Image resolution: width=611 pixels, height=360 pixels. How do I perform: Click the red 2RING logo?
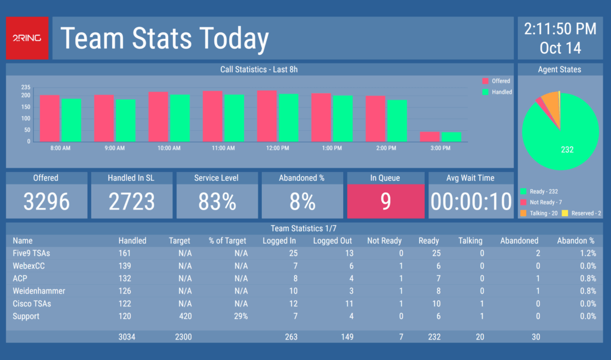(27, 38)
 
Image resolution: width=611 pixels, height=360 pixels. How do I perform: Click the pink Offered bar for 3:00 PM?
(430, 137)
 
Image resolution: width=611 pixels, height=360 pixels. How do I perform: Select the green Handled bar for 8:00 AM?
(71, 120)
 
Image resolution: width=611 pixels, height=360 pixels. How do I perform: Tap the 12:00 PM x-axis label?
(277, 147)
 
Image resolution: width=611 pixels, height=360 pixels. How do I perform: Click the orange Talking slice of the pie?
(553, 107)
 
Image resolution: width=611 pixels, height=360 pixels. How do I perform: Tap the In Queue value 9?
(385, 202)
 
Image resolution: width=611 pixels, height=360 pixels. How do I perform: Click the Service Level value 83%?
(217, 202)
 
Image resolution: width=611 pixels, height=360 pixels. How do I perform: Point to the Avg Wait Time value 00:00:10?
(471, 202)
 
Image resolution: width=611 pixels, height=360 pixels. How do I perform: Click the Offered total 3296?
(46, 202)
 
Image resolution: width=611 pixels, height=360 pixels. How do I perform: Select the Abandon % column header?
(576, 241)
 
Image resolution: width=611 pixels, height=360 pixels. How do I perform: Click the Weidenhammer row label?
(39, 291)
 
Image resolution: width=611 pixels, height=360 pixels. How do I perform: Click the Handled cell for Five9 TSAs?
(125, 253)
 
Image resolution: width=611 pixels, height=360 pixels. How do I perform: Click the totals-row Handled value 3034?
(126, 337)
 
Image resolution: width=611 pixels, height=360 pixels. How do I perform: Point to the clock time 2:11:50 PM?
(560, 29)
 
